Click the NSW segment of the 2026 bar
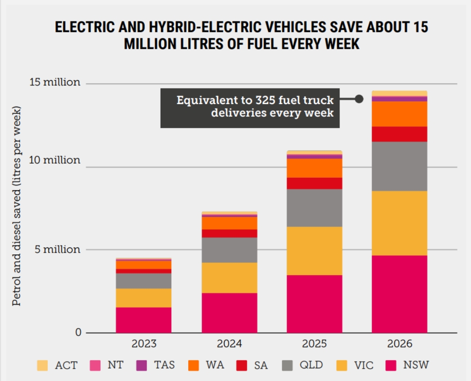point(399,294)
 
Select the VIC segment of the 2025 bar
point(315,251)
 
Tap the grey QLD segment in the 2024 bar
point(229,250)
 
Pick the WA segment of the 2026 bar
point(399,114)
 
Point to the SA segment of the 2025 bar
point(315,183)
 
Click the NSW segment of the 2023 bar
point(144,320)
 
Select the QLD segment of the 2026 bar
point(399,166)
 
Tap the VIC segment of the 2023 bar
point(144,298)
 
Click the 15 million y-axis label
point(55,82)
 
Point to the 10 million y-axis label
point(55,160)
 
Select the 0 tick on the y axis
point(78,332)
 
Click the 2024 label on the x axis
point(229,344)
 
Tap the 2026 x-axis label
point(399,344)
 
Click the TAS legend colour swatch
point(141,366)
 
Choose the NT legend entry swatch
point(95,366)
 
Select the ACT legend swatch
point(42,366)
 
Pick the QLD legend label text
point(311,365)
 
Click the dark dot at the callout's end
point(359,99)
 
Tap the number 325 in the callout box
point(265,100)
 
